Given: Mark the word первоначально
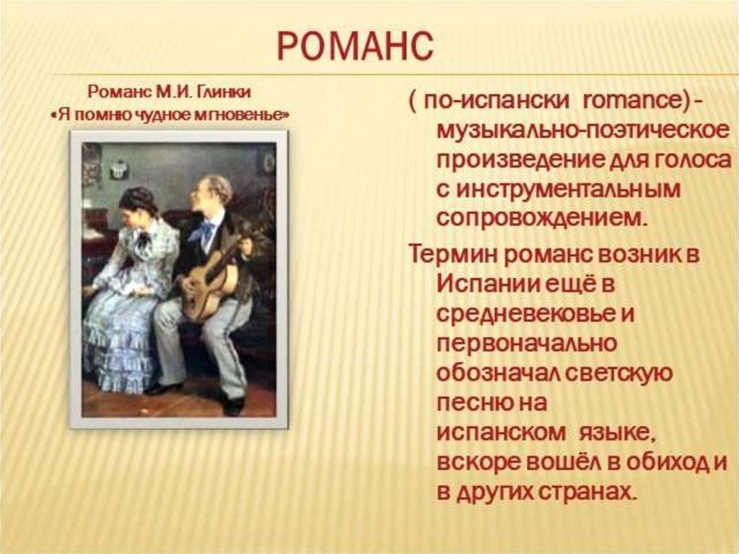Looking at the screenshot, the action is (526, 344).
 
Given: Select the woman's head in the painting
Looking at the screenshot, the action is (134, 207).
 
